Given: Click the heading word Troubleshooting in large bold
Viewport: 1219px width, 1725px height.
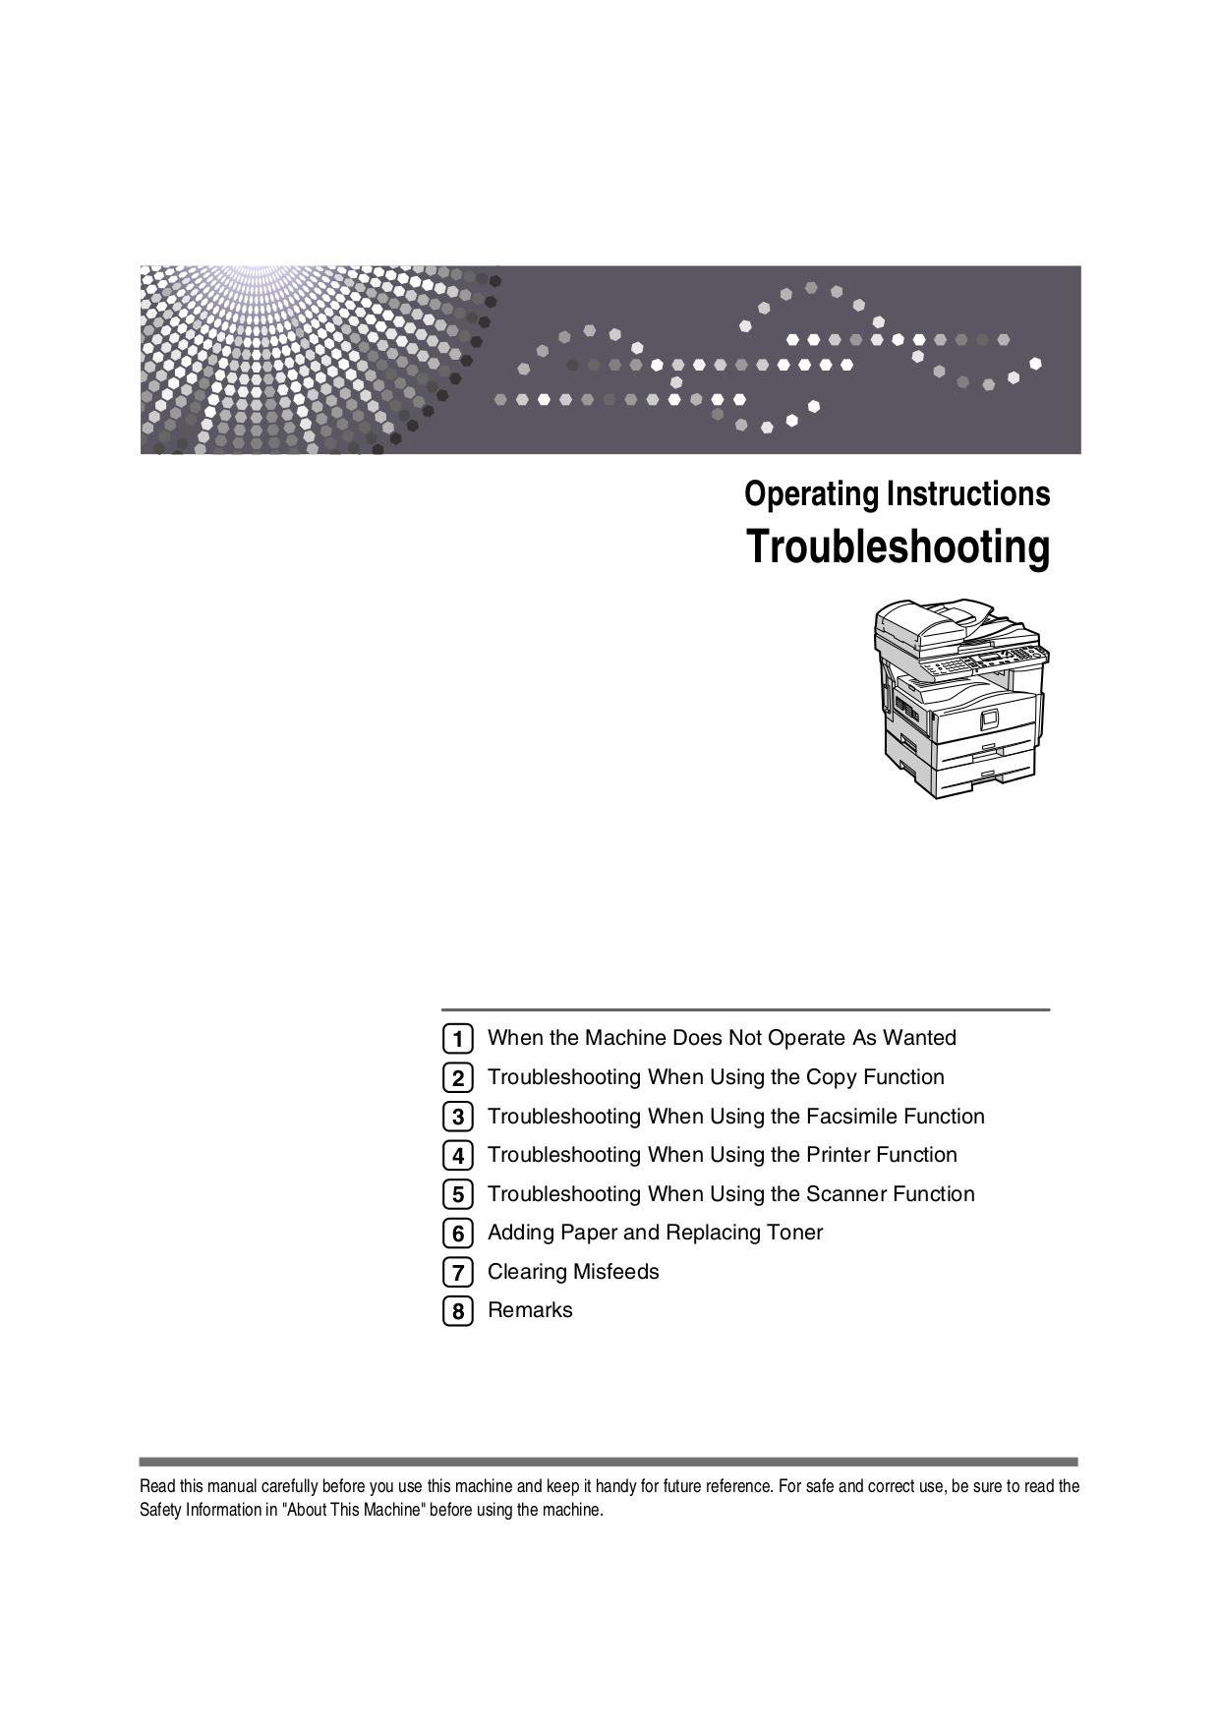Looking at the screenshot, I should pos(898,547).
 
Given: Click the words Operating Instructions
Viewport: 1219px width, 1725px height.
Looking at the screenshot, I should pos(897,493).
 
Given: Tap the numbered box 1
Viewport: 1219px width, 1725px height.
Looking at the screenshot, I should pos(457,1039).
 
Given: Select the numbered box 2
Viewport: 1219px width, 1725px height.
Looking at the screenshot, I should pos(457,1078).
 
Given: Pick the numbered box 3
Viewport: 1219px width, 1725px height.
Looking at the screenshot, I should pos(457,1117).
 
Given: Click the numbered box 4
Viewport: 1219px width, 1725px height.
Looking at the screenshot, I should pos(457,1156).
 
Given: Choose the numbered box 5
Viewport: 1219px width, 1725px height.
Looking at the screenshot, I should pos(457,1194).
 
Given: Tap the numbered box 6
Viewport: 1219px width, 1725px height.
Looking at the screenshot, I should pos(457,1233).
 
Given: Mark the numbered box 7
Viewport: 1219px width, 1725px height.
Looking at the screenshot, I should pos(457,1272).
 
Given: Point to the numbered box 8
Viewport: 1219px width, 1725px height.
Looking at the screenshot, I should pos(457,1310).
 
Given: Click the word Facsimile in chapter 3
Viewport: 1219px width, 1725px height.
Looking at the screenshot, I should pos(851,1117).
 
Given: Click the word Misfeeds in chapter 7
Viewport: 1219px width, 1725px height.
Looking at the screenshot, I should pos(615,1272).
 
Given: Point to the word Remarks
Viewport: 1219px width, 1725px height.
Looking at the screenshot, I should pos(530,1310).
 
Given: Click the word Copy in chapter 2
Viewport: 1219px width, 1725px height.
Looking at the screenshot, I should pos(831,1077).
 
